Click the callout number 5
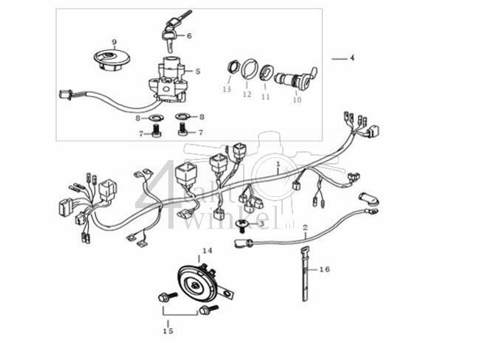pos(198,71)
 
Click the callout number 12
pos(247,94)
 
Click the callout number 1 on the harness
pos(278,162)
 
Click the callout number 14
pos(207,251)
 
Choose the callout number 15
pos(168,331)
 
